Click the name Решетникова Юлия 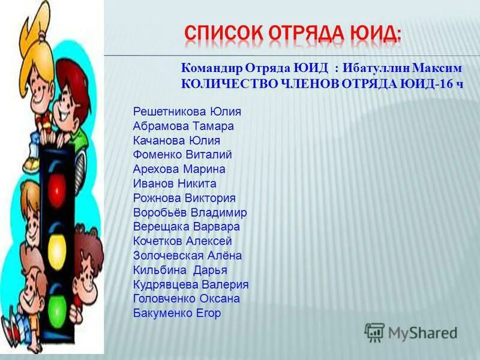[187, 112]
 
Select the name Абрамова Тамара [184, 126]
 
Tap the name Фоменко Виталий [182, 155]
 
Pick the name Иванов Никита [175, 184]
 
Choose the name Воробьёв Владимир [190, 212]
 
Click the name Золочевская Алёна [188, 256]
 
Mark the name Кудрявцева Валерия [191, 284]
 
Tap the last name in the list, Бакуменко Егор [177, 313]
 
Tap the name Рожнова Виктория [184, 198]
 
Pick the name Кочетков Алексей [182, 241]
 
